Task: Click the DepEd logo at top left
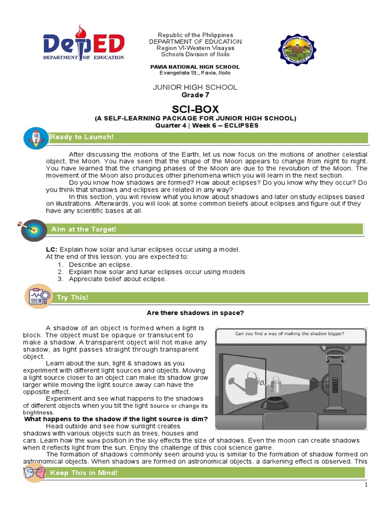[x=84, y=44]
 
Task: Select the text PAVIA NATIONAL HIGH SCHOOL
[x=195, y=67]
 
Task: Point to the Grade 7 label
[x=195, y=95]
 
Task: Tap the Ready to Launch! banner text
[x=81, y=137]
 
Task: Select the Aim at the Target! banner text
[x=84, y=229]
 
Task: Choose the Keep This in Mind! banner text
[x=83, y=473]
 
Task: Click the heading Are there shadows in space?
[x=195, y=313]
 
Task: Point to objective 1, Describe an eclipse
[x=100, y=265]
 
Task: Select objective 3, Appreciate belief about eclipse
[x=118, y=279]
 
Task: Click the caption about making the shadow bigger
[x=289, y=334]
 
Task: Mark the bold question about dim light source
[x=116, y=419]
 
